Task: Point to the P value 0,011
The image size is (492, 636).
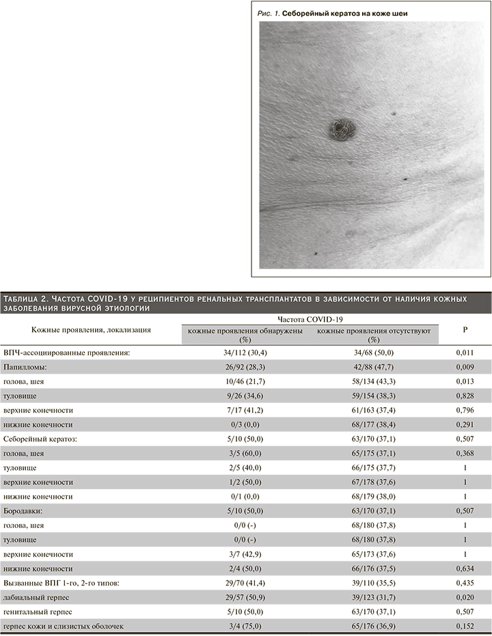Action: point(465,352)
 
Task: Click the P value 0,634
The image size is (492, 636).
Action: point(465,568)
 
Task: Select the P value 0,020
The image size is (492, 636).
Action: point(465,597)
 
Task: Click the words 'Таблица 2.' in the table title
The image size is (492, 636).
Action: point(26,299)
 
